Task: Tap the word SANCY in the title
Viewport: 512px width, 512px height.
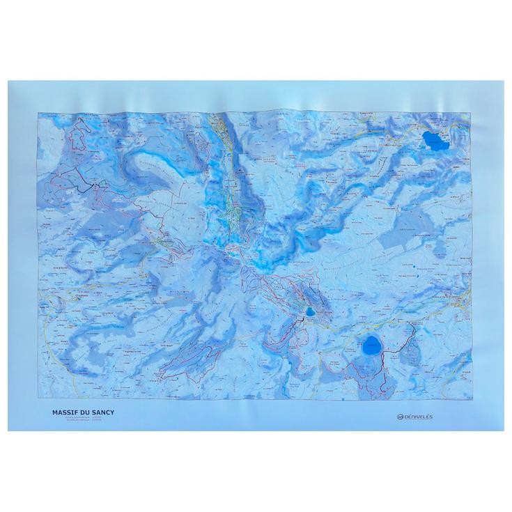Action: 102,412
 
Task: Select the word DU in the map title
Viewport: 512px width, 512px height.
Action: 84,412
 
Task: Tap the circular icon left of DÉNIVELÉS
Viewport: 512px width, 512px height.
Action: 401,417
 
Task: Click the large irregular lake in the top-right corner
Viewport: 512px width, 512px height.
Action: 435,141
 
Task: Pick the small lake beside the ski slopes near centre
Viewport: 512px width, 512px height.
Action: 308,311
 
